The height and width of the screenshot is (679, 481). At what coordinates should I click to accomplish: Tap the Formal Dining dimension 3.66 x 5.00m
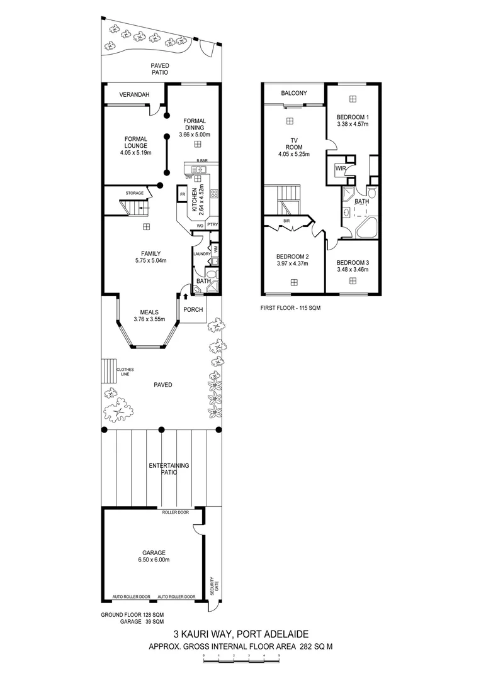[x=194, y=135]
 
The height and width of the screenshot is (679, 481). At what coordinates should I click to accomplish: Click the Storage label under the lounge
[x=134, y=193]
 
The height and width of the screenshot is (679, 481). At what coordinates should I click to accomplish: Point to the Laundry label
[x=201, y=254]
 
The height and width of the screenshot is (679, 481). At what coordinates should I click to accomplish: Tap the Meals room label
[x=149, y=312]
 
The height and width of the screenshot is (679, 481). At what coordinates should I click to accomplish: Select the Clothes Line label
[x=124, y=372]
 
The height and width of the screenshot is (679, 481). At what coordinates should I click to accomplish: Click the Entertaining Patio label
[x=169, y=468]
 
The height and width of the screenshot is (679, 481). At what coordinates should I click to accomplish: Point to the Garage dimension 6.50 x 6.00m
[x=154, y=560]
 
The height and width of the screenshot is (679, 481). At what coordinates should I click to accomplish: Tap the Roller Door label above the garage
[x=174, y=512]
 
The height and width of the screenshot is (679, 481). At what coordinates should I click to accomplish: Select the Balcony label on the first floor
[x=294, y=93]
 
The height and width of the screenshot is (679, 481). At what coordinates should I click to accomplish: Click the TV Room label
[x=293, y=144]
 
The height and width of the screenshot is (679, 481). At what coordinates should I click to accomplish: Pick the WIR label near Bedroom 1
[x=340, y=168]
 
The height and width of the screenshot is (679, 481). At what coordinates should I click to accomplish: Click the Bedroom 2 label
[x=293, y=257]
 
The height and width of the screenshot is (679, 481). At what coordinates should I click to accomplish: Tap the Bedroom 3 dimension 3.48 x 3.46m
[x=353, y=270]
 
